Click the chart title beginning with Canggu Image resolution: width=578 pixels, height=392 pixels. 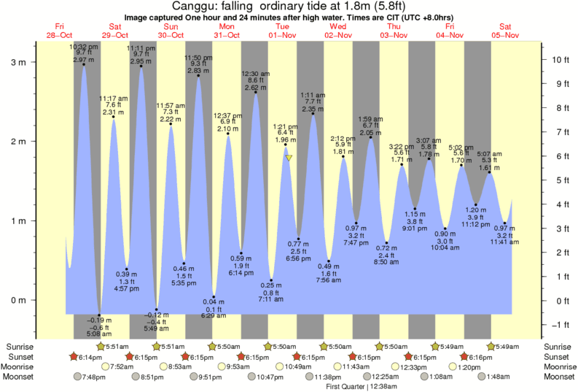click(289, 6)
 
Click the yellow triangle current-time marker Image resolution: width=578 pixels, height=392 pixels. click(289, 158)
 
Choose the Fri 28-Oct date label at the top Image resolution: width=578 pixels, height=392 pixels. click(60, 31)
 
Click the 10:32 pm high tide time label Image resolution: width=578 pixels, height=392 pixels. click(83, 47)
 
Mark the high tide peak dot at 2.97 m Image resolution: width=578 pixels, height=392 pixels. click(84, 64)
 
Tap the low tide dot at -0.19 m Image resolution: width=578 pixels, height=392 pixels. click(99, 315)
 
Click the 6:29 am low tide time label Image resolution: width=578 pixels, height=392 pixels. click(214, 315)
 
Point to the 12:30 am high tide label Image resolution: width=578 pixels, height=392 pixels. click(255, 73)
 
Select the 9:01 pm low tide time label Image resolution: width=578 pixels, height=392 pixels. click(415, 227)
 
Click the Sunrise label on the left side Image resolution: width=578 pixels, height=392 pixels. click(20, 346)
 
